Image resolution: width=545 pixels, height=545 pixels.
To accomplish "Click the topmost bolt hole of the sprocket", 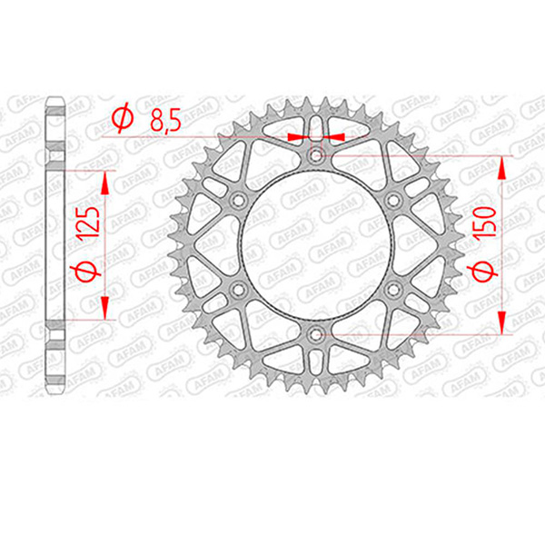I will (315, 155).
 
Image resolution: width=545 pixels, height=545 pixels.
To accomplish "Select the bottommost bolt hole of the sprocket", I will (315, 334).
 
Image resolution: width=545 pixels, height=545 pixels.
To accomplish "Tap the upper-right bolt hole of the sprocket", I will (392, 200).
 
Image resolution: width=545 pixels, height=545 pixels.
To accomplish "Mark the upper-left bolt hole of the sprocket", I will (238, 200).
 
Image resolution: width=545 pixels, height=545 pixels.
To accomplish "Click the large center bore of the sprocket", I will (315, 244).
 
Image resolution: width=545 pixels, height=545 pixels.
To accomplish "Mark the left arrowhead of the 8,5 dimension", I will (294, 136).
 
